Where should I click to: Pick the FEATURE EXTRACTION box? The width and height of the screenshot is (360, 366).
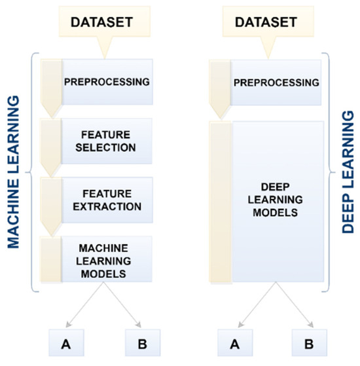(x=107, y=200)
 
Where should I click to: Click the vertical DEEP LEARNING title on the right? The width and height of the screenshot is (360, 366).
(x=348, y=173)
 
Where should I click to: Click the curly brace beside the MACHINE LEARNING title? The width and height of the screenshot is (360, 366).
(x=31, y=174)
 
